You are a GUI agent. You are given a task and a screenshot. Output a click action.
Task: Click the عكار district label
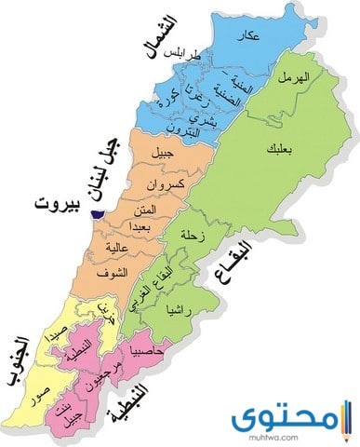246,34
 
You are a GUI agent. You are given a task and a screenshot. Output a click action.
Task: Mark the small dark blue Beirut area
92,215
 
